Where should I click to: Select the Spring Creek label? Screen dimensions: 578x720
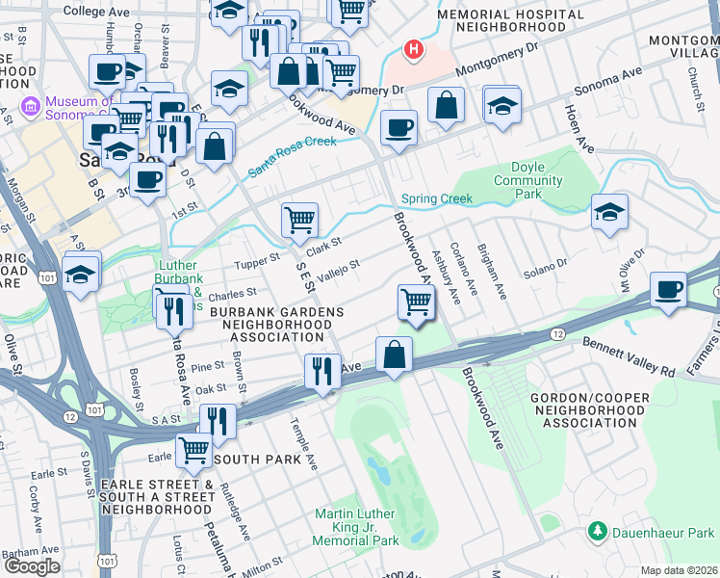tap(437, 199)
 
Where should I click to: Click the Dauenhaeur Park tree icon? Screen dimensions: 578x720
tap(598, 531)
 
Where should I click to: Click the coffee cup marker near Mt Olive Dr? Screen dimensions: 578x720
tap(667, 288)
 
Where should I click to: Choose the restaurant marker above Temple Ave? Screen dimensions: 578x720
tap(322, 370)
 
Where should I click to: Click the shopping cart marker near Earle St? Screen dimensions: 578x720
tap(194, 447)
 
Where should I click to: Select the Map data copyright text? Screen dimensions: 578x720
tap(679, 569)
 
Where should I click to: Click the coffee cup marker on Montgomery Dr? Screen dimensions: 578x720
tap(398, 127)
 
